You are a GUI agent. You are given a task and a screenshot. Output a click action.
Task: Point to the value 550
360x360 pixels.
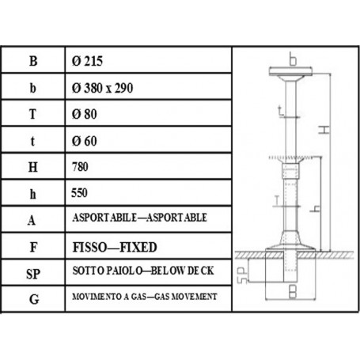click(80, 192)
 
